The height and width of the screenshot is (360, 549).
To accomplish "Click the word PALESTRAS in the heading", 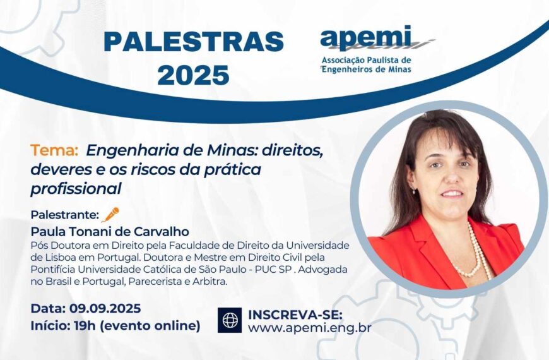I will coord(193,42).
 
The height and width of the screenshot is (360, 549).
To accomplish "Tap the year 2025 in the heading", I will coord(193,75).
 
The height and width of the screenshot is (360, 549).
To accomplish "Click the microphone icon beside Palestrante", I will coord(110,215).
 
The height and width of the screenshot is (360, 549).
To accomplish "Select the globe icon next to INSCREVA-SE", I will coord(230,320).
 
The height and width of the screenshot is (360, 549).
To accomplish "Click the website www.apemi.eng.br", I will coord(309,328).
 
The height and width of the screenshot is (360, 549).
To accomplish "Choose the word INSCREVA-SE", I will coord(295,314).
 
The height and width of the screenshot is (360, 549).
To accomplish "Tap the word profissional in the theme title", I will coord(76,188).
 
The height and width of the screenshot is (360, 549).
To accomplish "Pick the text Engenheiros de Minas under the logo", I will coord(367,69).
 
